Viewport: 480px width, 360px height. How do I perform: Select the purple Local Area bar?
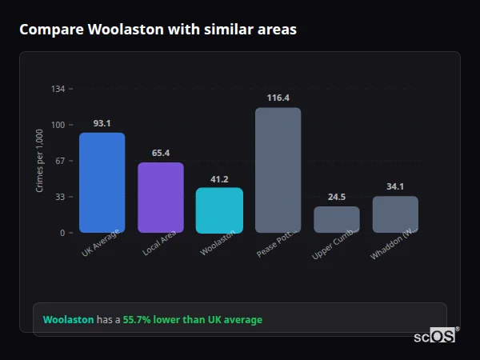tap(161, 198)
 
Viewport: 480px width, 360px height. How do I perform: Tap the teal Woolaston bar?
tap(219, 210)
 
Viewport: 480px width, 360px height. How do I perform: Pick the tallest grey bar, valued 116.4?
tap(278, 170)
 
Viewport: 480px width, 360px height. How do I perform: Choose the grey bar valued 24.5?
tap(337, 219)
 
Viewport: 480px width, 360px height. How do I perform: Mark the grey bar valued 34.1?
tap(395, 214)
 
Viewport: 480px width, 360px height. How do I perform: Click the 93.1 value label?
tap(102, 123)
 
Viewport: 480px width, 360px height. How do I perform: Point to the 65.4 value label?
tap(161, 153)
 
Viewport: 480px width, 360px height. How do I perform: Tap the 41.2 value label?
tap(219, 179)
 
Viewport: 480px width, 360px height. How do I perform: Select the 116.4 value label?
tap(278, 98)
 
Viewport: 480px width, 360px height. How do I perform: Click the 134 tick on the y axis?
tap(58, 89)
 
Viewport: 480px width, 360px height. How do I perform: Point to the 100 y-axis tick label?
tap(58, 125)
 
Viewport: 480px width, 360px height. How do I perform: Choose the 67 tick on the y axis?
tap(59, 161)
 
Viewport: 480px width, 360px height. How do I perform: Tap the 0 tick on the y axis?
tap(62, 233)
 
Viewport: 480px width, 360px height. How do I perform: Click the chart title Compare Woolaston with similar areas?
tap(158, 30)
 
